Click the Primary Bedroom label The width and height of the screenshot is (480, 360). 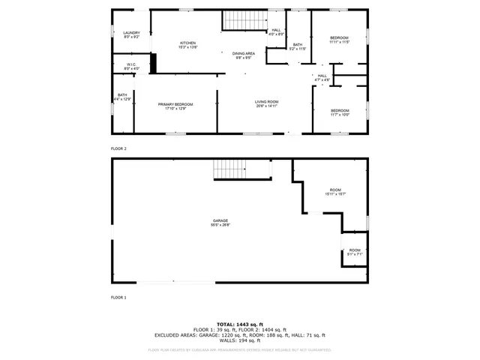(175, 106)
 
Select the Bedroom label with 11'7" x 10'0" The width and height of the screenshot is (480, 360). (340, 112)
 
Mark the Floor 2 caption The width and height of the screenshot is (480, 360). (118, 148)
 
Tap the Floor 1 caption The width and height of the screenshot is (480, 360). (118, 298)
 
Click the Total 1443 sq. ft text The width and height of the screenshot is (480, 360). (240, 324)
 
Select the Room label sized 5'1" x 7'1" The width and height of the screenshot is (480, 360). (354, 252)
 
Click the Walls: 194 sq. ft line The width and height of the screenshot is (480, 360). (240, 340)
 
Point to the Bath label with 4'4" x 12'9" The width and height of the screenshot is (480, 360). (122, 97)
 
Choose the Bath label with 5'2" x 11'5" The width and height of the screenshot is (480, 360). (298, 46)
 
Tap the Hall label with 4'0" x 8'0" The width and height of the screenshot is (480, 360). (277, 31)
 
